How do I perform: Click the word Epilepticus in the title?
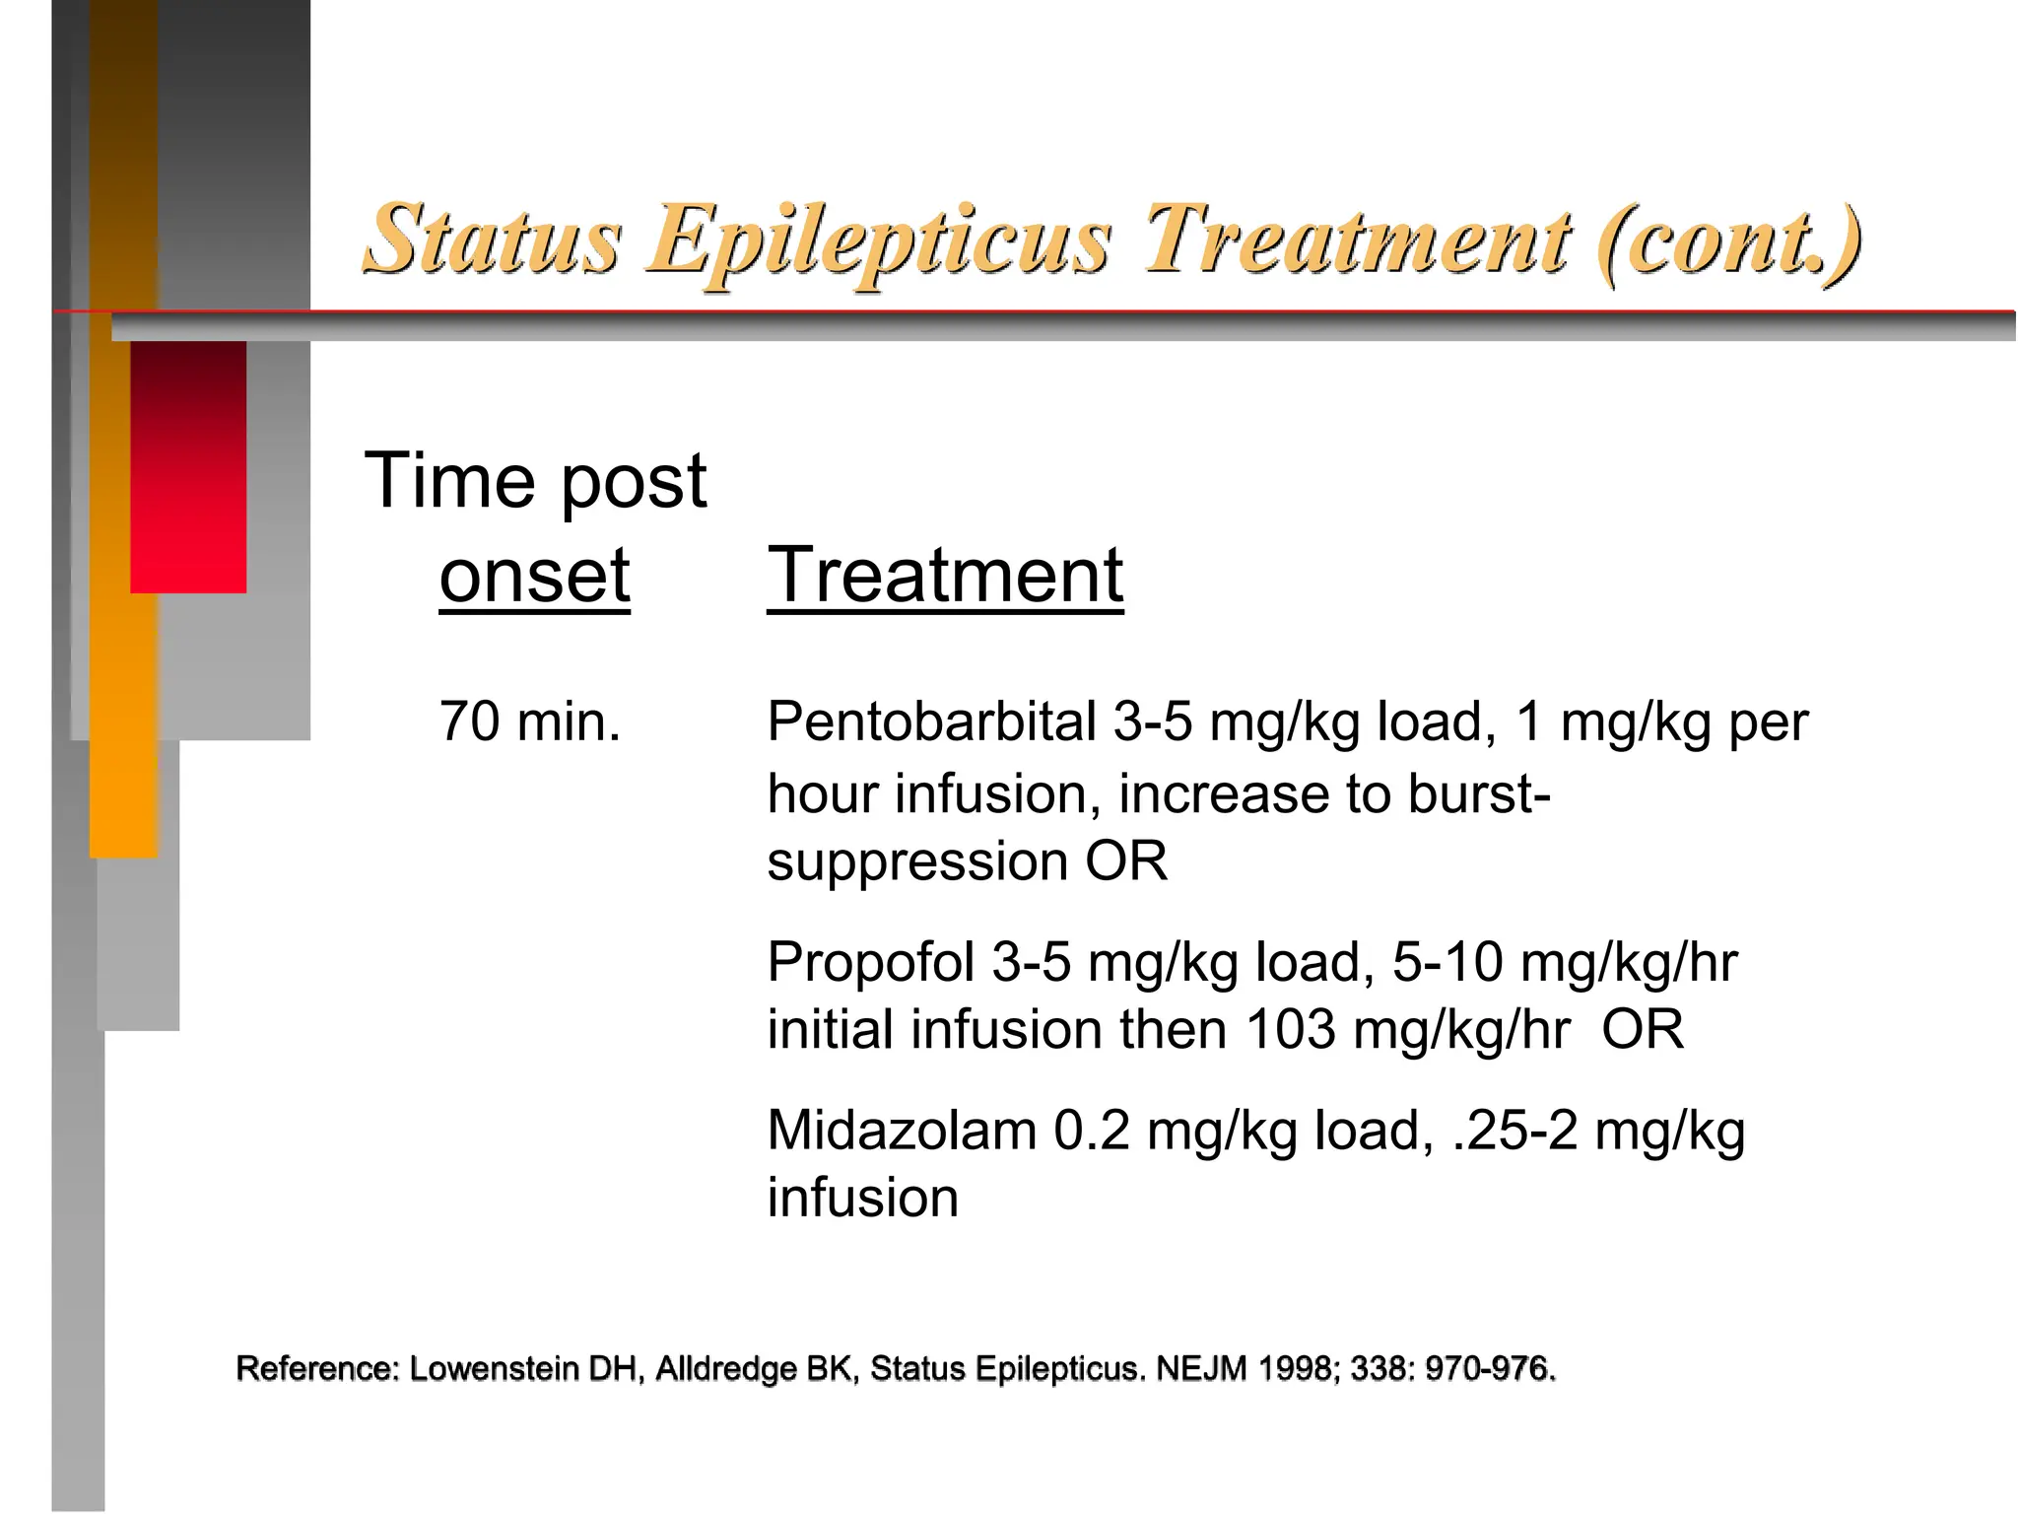coord(879,240)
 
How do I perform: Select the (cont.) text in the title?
coord(1728,241)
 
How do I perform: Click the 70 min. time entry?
coord(530,722)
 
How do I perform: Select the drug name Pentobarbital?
coord(931,722)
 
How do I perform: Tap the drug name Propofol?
coord(871,962)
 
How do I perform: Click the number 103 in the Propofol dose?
coord(1291,1030)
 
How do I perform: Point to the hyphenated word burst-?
coord(1479,793)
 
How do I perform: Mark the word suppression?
coord(917,861)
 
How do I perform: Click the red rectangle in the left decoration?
coord(188,466)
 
